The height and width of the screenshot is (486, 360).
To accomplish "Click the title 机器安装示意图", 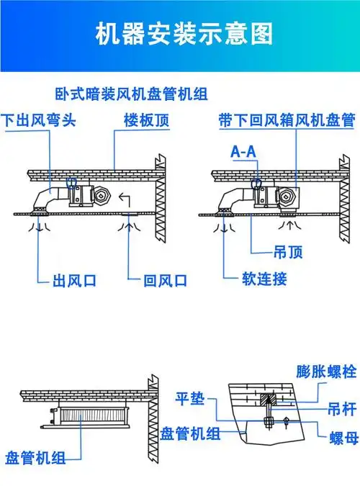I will [x=179, y=34].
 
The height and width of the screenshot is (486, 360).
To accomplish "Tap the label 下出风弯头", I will [x=38, y=120].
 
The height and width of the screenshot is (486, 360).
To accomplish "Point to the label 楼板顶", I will [x=146, y=120].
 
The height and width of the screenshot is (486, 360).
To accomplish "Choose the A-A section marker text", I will [x=245, y=152].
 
